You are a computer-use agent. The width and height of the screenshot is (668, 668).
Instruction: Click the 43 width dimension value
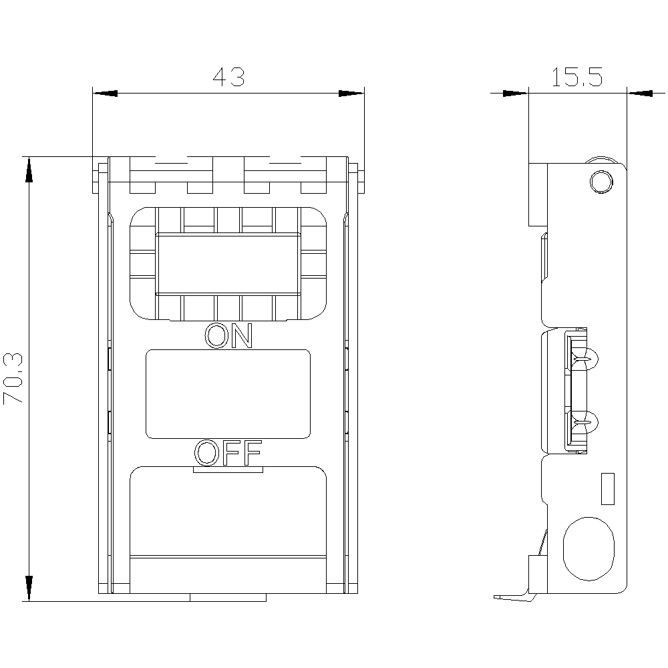pos(229,77)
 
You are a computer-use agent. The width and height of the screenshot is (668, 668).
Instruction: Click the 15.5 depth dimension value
pos(577,77)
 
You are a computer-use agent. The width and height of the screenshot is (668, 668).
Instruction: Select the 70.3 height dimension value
pos(14,379)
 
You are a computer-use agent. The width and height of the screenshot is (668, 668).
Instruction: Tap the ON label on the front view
pos(228,336)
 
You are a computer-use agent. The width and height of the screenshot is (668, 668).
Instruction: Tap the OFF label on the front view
pos(228,454)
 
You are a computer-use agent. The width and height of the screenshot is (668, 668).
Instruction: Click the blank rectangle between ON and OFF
pos(228,394)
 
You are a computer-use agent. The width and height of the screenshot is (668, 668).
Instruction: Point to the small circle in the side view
pos(601,182)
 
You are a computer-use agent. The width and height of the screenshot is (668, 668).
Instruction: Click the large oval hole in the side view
pos(588,548)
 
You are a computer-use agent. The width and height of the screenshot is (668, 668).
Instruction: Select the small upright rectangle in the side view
pos(607,488)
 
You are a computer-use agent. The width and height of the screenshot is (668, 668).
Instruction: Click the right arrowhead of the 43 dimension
pos(351,93)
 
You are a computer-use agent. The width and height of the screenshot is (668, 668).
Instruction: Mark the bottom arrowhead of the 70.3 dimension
pos(29,589)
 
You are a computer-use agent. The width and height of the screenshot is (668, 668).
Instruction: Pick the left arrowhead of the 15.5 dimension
pos(515,93)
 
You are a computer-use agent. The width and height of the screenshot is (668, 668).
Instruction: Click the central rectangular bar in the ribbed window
pos(228,264)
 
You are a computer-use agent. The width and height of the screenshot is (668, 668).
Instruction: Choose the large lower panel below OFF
pos(228,511)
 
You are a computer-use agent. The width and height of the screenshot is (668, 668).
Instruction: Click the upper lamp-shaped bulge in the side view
pos(591,361)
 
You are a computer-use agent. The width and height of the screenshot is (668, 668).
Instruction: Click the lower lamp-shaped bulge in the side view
pos(591,422)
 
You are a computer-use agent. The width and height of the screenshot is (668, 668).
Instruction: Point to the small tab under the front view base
pos(228,597)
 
